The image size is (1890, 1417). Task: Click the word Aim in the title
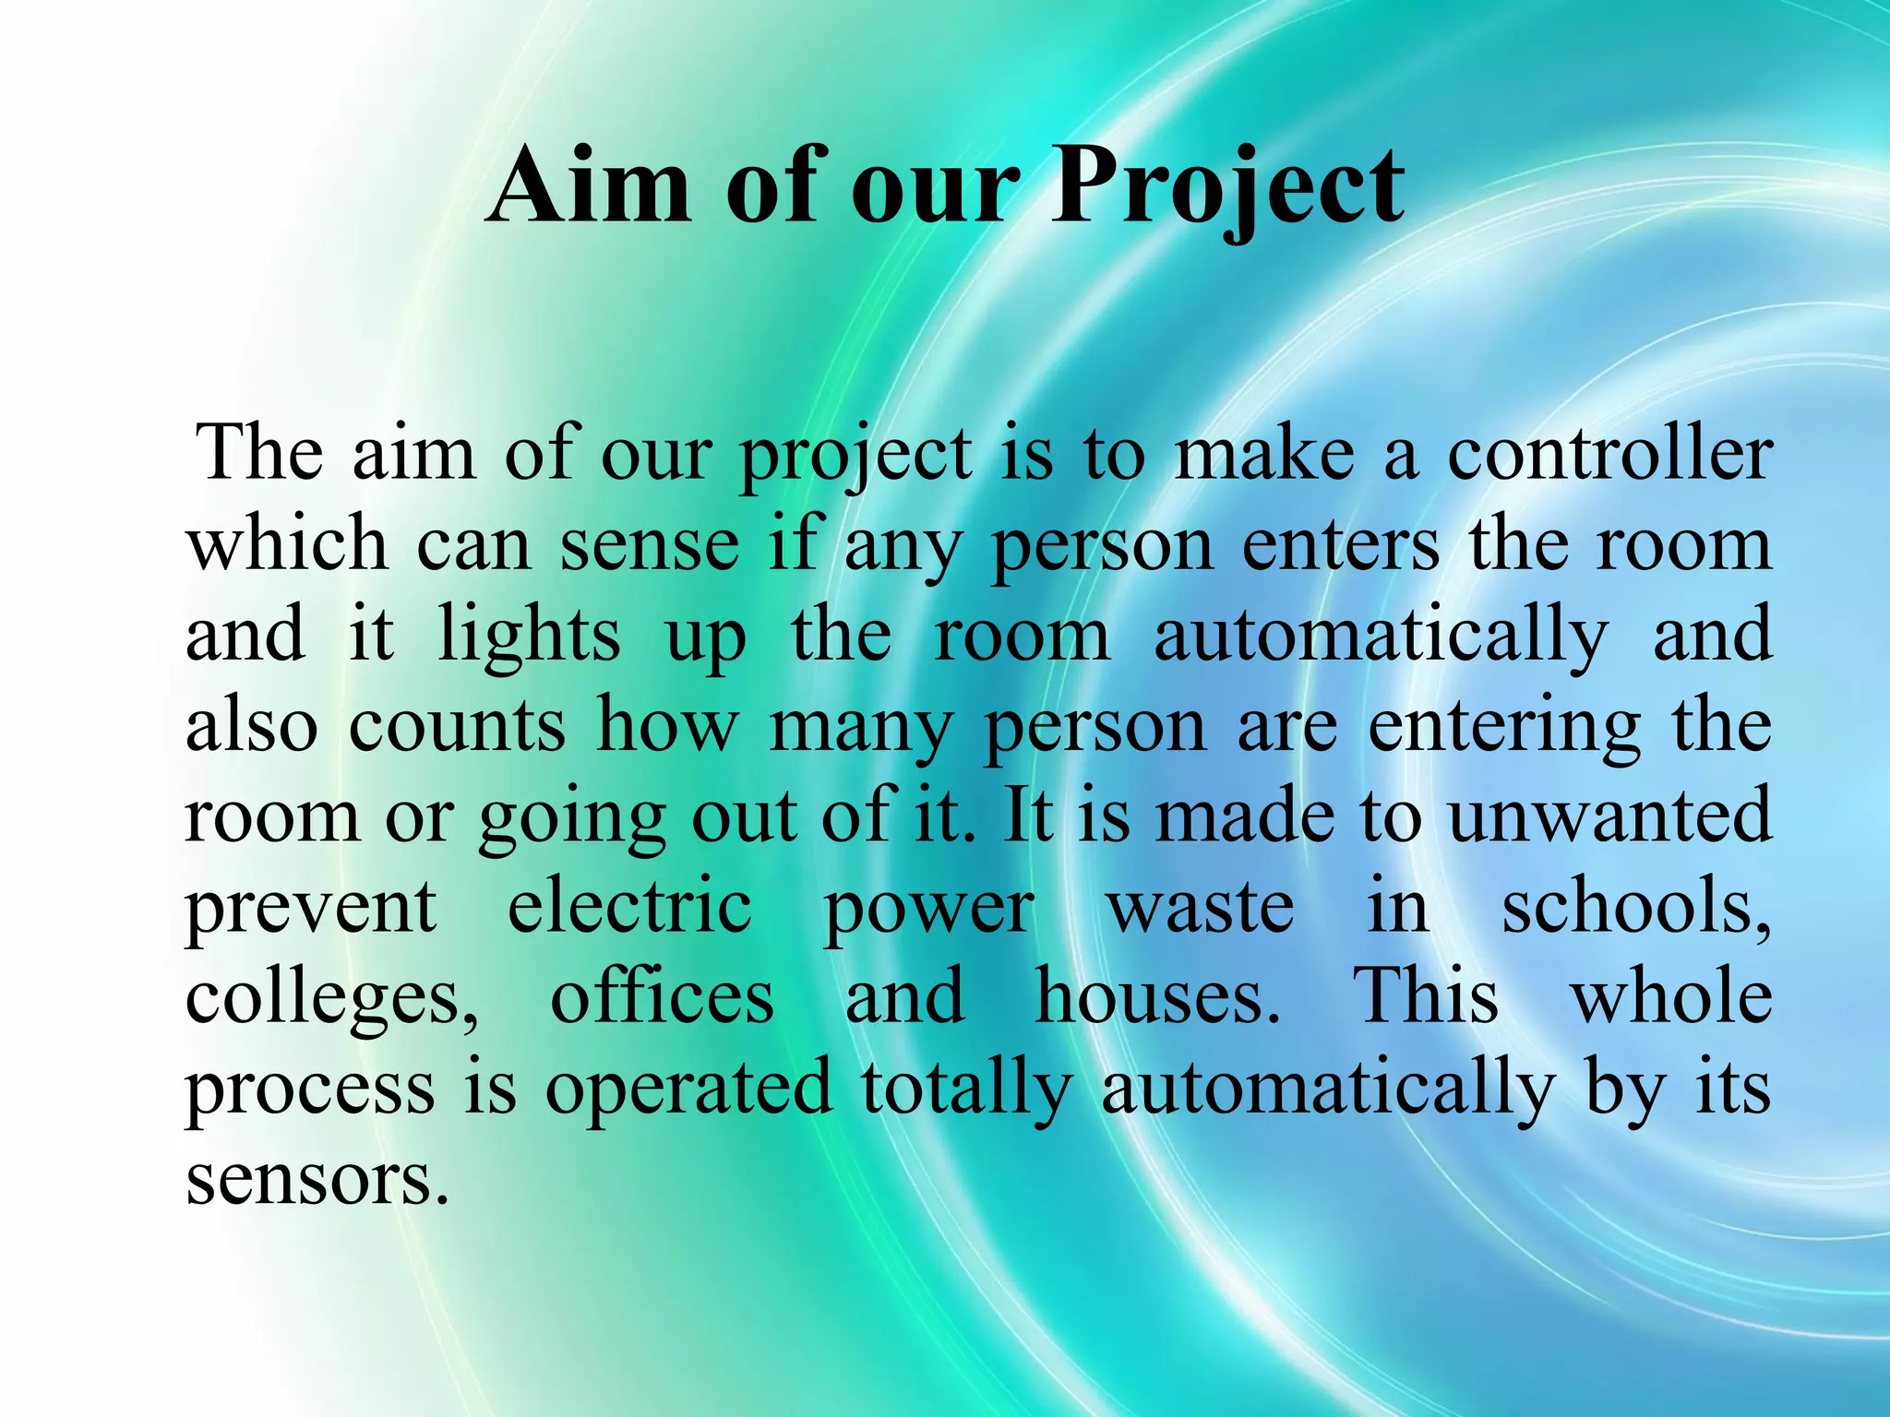point(589,186)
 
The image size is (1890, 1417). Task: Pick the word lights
point(529,637)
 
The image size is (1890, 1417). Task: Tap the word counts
point(457,726)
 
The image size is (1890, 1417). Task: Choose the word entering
point(1504,726)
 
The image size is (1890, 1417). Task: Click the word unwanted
point(1609,816)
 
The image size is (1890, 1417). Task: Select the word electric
point(629,907)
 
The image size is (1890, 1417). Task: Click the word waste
point(1201,907)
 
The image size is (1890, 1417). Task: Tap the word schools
point(1636,907)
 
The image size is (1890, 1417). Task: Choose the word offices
point(662,996)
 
